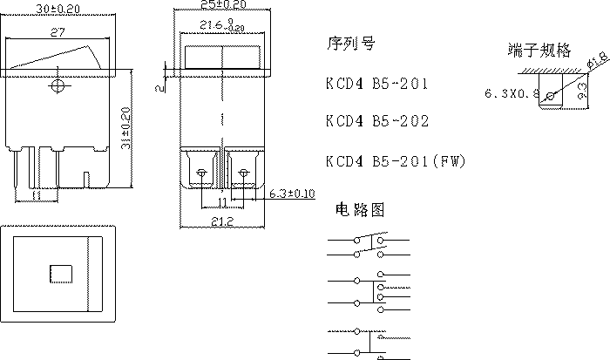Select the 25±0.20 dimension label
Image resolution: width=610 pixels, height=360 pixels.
pyautogui.click(x=221, y=5)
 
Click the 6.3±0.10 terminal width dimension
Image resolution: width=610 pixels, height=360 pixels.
pyautogui.click(x=290, y=193)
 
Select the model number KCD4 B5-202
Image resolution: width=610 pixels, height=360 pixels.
pyautogui.click(x=376, y=121)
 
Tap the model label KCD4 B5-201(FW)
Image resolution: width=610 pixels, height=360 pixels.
pyautogui.click(x=393, y=162)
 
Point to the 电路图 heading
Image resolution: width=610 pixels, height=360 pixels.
pyautogui.click(x=358, y=210)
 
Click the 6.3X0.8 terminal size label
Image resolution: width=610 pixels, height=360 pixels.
pyautogui.click(x=512, y=91)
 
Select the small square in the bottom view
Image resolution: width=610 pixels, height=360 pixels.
pyautogui.click(x=58, y=273)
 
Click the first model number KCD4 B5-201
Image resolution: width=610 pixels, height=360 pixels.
pyautogui.click(x=376, y=85)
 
